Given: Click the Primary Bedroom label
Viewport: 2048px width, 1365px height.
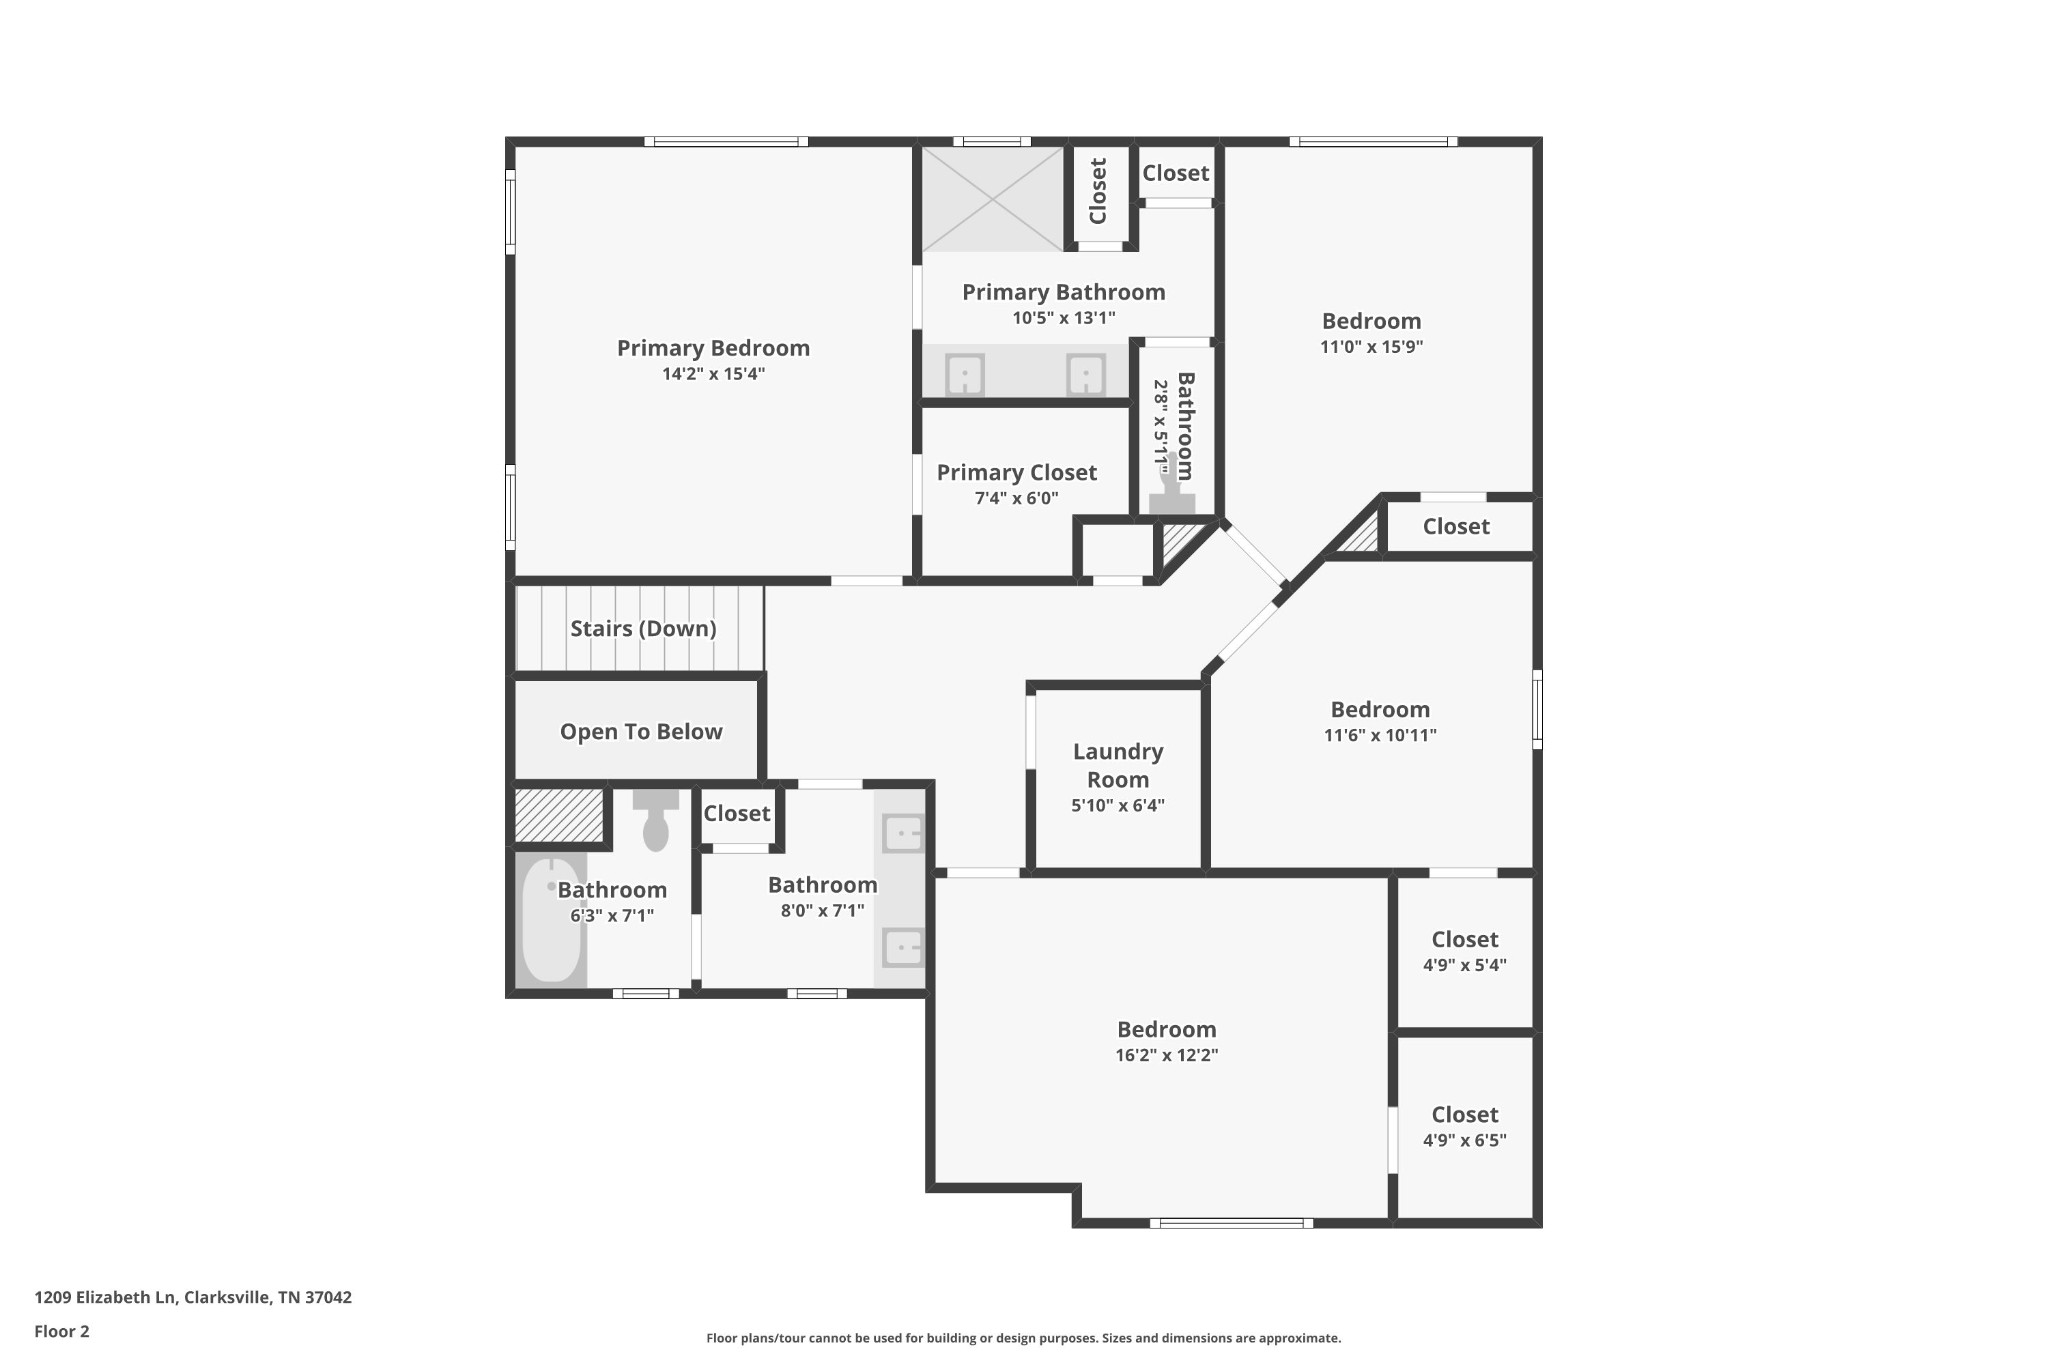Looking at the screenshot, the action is coord(713,348).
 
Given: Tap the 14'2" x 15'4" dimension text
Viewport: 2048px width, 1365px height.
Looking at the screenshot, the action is coord(713,374).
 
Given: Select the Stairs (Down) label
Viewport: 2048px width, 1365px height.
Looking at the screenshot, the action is coord(643,628).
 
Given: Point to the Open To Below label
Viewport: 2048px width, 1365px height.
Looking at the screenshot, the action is coord(641,731).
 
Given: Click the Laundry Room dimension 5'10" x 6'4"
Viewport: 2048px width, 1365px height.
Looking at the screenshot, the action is coord(1118,805).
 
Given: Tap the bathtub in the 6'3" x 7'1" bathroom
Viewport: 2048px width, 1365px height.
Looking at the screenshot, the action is coord(551,919).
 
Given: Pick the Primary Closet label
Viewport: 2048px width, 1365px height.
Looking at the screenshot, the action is coord(1017,472).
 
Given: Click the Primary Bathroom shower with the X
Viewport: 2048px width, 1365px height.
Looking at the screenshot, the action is coord(992,199).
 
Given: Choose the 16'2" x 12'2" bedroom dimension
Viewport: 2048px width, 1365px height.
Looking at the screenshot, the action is coord(1167,1055).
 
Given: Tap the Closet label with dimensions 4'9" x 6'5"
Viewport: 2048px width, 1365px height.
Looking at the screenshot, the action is coord(1465,1114).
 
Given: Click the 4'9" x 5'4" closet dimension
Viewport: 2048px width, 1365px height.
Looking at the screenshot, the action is coord(1465,965).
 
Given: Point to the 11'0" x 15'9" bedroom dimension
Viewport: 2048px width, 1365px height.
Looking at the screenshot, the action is coord(1372,347).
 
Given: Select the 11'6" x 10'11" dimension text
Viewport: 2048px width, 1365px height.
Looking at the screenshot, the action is coord(1380,735).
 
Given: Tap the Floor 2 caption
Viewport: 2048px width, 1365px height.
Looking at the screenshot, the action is coord(62,1331).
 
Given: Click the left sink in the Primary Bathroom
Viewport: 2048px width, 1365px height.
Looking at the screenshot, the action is coord(965,375).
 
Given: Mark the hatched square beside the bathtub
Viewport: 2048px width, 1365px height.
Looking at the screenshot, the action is coord(559,815).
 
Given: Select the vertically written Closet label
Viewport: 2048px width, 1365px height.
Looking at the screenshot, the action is coord(1098,191).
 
